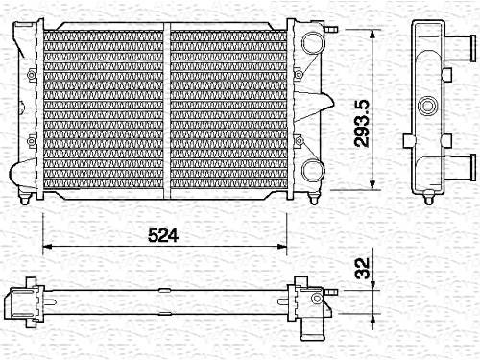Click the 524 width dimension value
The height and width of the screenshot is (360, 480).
point(163,235)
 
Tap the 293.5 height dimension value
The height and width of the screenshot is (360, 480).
point(362,124)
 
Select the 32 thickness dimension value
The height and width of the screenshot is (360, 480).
point(362,268)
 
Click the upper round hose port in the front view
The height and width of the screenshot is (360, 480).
point(313,43)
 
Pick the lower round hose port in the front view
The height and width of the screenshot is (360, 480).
point(313,170)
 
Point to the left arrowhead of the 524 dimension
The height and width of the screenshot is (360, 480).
point(47,246)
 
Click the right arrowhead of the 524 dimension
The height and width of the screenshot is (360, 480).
point(282,246)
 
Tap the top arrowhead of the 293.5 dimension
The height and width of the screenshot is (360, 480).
point(372,35)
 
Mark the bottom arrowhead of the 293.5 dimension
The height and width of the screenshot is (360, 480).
point(372,185)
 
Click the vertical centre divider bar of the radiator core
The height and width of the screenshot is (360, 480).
point(167,110)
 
